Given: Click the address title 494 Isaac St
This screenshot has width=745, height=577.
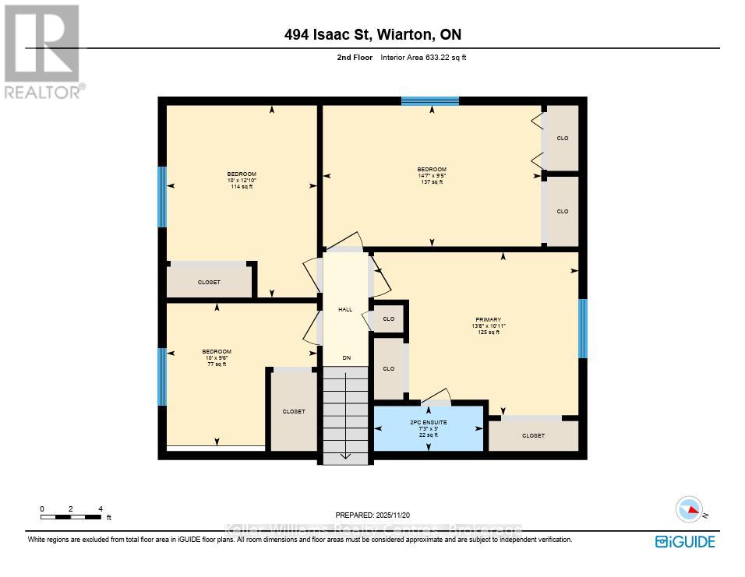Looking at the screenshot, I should point(372,34).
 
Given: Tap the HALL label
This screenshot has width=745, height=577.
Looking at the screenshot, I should point(345,309).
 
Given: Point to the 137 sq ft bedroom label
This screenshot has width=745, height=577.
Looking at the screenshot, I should point(432,175).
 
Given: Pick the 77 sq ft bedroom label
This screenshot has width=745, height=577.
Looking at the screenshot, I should point(217,357).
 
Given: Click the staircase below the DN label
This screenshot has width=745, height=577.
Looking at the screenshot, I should point(345,417).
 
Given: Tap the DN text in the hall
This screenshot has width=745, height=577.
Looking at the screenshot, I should point(345,358).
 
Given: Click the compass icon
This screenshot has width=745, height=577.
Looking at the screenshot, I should point(688,510).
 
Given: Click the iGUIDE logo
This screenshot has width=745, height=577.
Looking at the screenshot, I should point(685,542).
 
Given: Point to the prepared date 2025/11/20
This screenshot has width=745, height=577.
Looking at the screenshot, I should point(372,515).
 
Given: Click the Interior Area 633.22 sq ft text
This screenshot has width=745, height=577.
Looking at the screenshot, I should point(423,58).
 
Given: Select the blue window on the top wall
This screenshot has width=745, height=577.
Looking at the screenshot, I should point(430,100).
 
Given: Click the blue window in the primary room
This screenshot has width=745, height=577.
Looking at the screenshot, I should point(582,328).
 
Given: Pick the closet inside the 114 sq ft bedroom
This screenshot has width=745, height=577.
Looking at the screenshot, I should point(210,281).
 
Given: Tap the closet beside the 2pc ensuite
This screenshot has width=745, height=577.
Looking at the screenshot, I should point(533,435).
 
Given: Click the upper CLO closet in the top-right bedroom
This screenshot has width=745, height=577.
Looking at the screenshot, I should point(562,138).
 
